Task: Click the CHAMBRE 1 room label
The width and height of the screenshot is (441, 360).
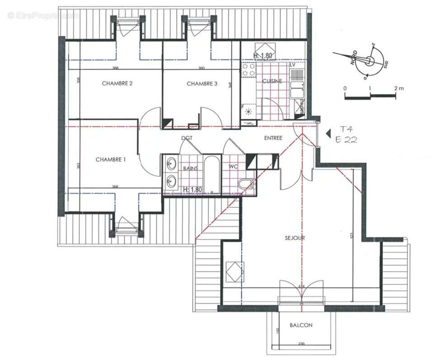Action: [x=111, y=159]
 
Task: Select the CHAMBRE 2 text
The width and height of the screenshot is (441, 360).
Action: [x=117, y=84]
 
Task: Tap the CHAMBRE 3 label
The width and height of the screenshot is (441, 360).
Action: [x=202, y=84]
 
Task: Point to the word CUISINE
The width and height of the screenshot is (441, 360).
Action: [x=272, y=81]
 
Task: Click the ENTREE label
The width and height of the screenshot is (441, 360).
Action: [x=273, y=138]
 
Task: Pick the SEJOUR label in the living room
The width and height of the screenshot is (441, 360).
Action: [x=294, y=238]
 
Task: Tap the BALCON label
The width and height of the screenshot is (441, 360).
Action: [x=301, y=325]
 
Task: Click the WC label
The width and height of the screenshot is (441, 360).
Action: [x=233, y=167]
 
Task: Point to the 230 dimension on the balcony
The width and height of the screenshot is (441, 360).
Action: [x=301, y=344]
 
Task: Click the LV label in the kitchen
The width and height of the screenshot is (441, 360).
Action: [x=292, y=65]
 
